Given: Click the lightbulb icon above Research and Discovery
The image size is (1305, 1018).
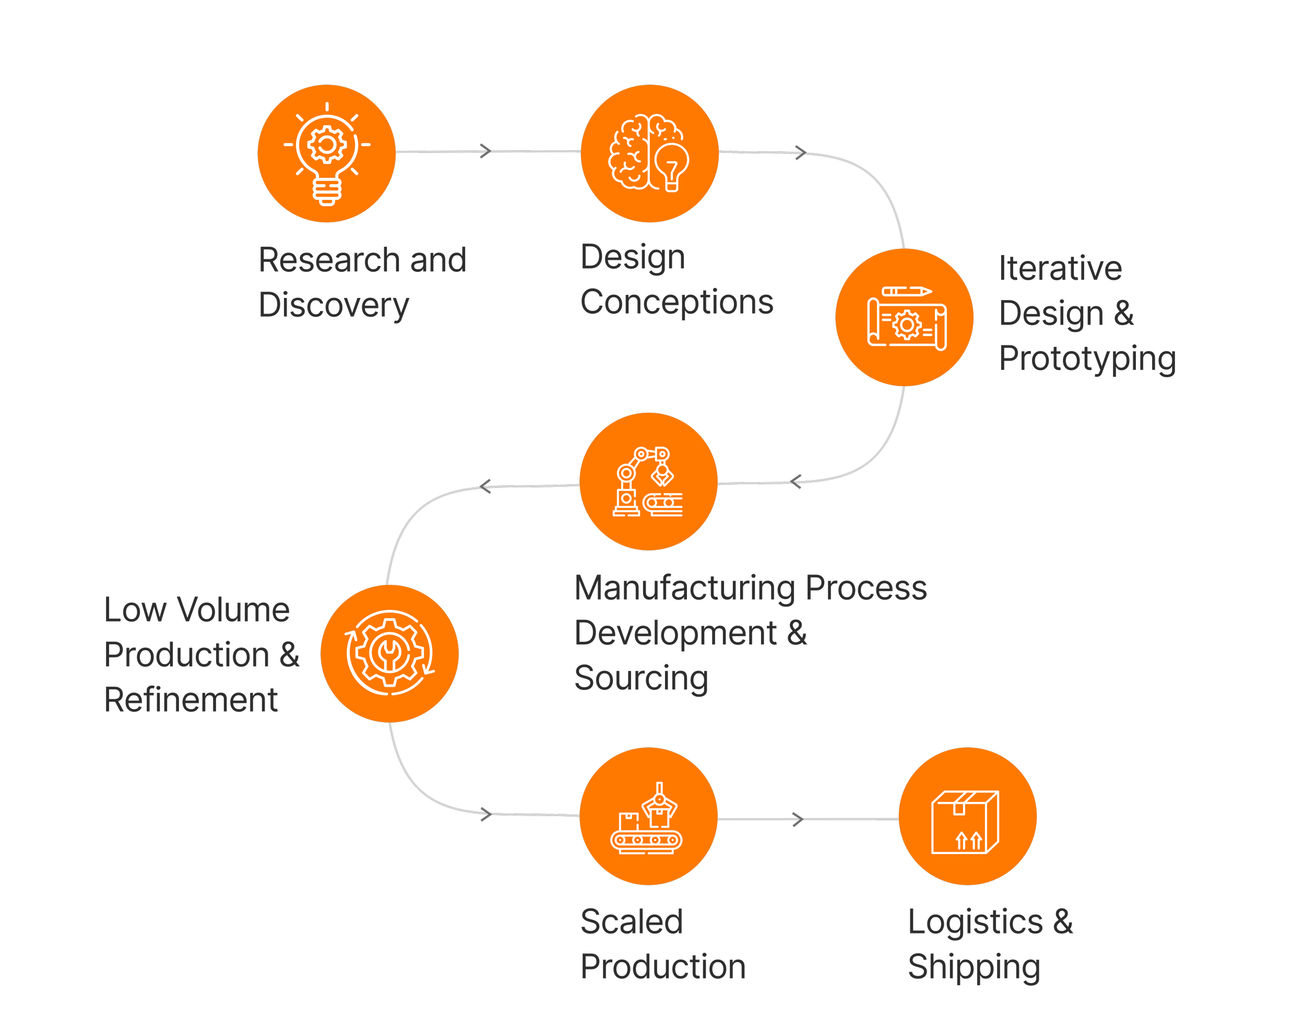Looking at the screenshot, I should [x=326, y=153].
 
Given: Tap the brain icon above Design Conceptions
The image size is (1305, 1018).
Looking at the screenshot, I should [x=649, y=153].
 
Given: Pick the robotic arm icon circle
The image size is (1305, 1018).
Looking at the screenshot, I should [x=648, y=482].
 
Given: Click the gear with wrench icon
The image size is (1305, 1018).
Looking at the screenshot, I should [x=389, y=654].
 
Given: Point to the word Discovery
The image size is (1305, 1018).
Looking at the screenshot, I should [x=334, y=305].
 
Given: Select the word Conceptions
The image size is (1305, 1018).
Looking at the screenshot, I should [x=677, y=302].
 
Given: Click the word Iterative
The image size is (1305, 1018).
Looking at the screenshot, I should [x=1060, y=268].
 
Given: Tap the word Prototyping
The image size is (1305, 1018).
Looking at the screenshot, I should [x=1087, y=358].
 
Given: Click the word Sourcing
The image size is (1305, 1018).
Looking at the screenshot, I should [x=641, y=678].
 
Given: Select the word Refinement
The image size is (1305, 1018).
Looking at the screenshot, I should [x=191, y=700].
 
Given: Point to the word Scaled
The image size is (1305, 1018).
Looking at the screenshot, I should [x=632, y=921].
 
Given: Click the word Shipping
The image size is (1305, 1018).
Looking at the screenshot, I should [x=974, y=967].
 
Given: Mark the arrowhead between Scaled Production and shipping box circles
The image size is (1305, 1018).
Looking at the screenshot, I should [x=798, y=819].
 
